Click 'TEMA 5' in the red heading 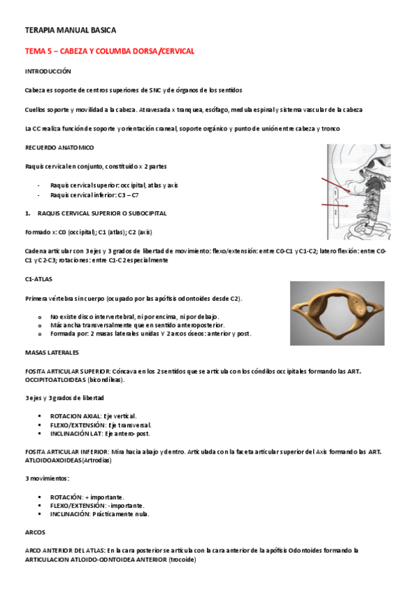38,51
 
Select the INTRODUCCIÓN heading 48,72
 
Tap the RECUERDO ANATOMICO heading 59,148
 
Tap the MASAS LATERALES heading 52,352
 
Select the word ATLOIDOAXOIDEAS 53,461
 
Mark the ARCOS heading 35,533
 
